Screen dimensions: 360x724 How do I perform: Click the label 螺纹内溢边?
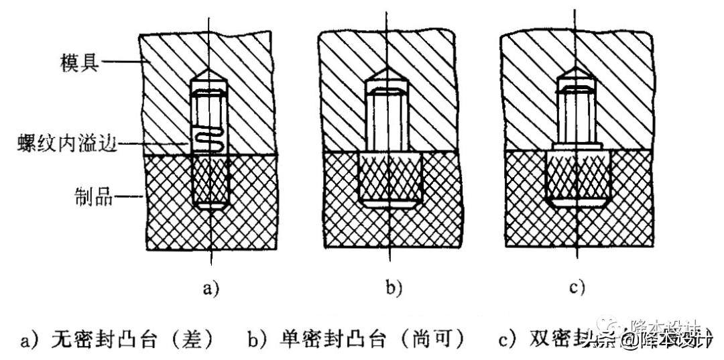pyautogui.click(x=60, y=143)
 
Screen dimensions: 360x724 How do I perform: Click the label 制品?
pyautogui.click(x=93, y=197)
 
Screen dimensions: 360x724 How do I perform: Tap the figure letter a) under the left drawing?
pyautogui.click(x=210, y=289)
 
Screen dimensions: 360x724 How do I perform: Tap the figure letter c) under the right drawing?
pyautogui.click(x=576, y=289)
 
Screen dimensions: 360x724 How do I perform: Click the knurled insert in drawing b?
pyautogui.click(x=390, y=178)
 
